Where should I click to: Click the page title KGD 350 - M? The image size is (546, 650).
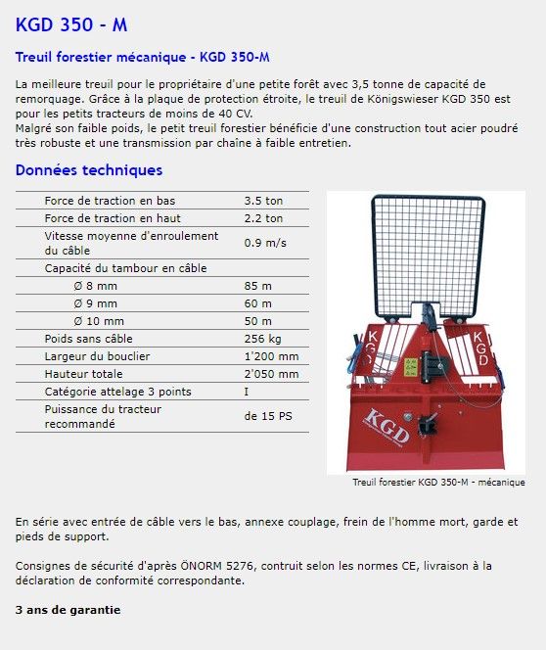(x=71, y=24)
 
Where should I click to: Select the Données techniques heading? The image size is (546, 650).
(x=89, y=170)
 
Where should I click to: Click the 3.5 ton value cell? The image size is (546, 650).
(x=263, y=201)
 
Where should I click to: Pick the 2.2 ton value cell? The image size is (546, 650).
(x=263, y=218)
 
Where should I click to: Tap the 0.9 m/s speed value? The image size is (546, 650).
(x=265, y=243)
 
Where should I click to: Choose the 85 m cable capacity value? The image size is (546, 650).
(x=257, y=286)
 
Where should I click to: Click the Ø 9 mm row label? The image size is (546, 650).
(x=95, y=303)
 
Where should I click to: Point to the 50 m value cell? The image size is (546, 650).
(x=257, y=321)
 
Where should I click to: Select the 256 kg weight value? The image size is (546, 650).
(x=263, y=339)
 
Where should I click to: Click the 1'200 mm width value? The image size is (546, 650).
(x=271, y=356)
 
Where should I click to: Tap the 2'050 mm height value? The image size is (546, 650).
(x=271, y=374)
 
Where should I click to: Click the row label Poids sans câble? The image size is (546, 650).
(x=88, y=339)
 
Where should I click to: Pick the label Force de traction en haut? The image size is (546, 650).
(x=113, y=218)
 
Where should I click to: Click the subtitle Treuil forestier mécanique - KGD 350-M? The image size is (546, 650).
(x=143, y=57)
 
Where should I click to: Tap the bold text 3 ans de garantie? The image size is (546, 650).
(x=68, y=610)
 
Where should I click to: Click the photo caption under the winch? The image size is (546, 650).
(x=438, y=482)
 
